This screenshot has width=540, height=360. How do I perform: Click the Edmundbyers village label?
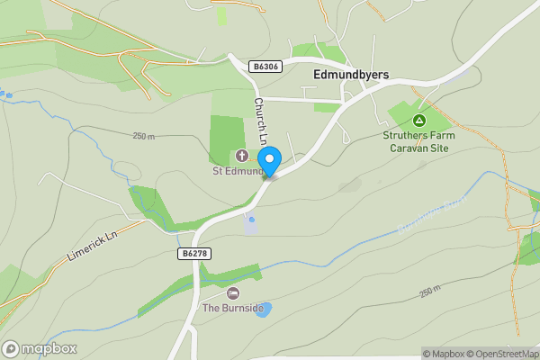[349, 75]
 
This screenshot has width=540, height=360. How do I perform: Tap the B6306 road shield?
[265, 67]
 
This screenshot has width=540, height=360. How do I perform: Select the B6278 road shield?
[193, 255]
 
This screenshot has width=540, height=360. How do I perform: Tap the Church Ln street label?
[261, 121]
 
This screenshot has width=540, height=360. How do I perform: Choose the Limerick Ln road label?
[94, 246]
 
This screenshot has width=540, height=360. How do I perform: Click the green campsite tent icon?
[418, 121]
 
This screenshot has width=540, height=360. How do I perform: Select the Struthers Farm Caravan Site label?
[418, 141]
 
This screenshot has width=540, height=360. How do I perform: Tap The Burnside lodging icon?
[233, 293]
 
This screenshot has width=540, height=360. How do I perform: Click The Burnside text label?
[233, 309]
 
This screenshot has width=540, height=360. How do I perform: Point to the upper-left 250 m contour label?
[144, 136]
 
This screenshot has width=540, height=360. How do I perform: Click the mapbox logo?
[40, 349]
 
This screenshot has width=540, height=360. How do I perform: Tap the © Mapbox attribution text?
[444, 354]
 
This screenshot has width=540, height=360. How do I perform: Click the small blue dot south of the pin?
[252, 219]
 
